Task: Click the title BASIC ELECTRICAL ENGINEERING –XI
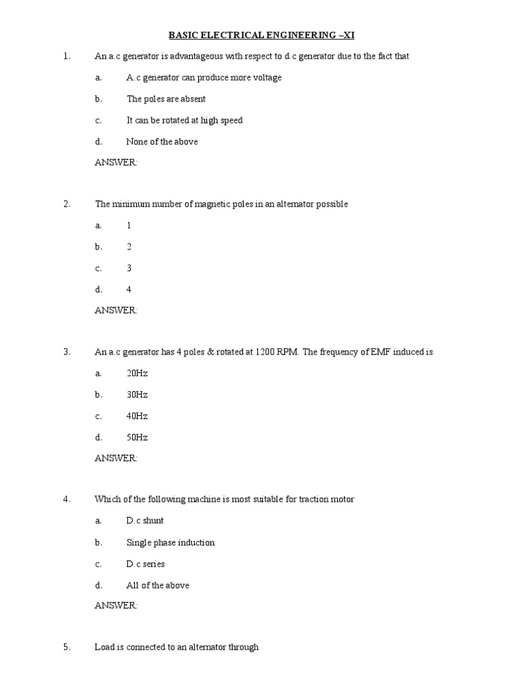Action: (261, 35)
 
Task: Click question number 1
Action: (67, 57)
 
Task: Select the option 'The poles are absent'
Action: (165, 99)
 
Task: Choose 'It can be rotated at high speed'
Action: (184, 121)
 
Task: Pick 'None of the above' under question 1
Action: (162, 142)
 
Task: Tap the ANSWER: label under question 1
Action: (116, 163)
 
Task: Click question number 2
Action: (67, 204)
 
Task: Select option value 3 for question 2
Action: (129, 269)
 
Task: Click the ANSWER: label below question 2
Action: (116, 311)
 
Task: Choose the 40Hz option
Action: (137, 416)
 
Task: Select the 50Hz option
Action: (137, 438)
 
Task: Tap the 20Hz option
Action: (137, 374)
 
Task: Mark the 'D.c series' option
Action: (145, 564)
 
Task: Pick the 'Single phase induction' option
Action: (170, 543)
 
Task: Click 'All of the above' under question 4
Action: (157, 586)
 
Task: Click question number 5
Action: (67, 648)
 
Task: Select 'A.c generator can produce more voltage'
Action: (204, 78)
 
